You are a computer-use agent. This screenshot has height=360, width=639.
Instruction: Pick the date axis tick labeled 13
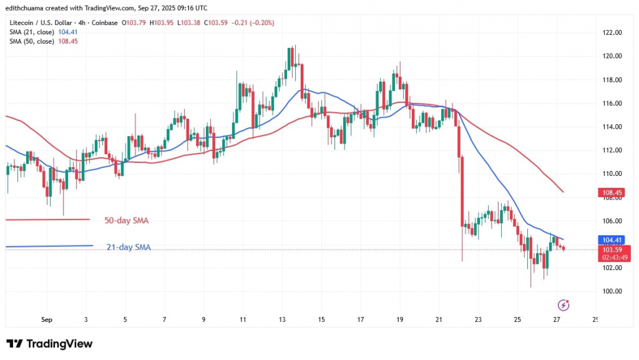point(283,319)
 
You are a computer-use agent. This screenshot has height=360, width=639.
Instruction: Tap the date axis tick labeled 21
point(439,319)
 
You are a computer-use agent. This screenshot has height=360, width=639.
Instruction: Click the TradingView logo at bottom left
point(49,344)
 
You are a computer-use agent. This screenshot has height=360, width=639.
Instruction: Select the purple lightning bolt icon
point(564,305)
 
